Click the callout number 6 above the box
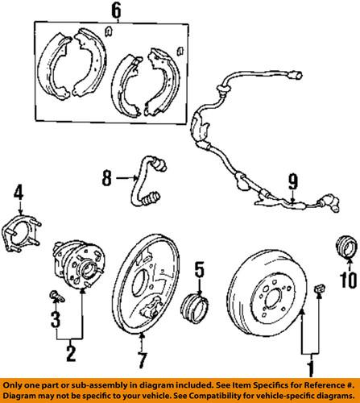click(117, 10)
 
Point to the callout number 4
click(19, 192)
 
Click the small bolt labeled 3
click(54, 291)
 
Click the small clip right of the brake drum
click(320, 308)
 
